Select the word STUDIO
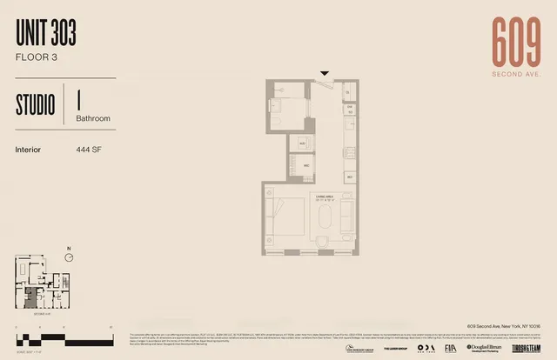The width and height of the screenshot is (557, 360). coord(35,104)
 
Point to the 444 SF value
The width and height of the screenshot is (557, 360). coord(90,149)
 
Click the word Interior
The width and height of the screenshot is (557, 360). coord(29,149)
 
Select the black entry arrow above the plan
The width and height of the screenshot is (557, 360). coord(325,74)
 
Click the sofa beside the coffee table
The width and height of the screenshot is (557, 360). coord(346,217)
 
